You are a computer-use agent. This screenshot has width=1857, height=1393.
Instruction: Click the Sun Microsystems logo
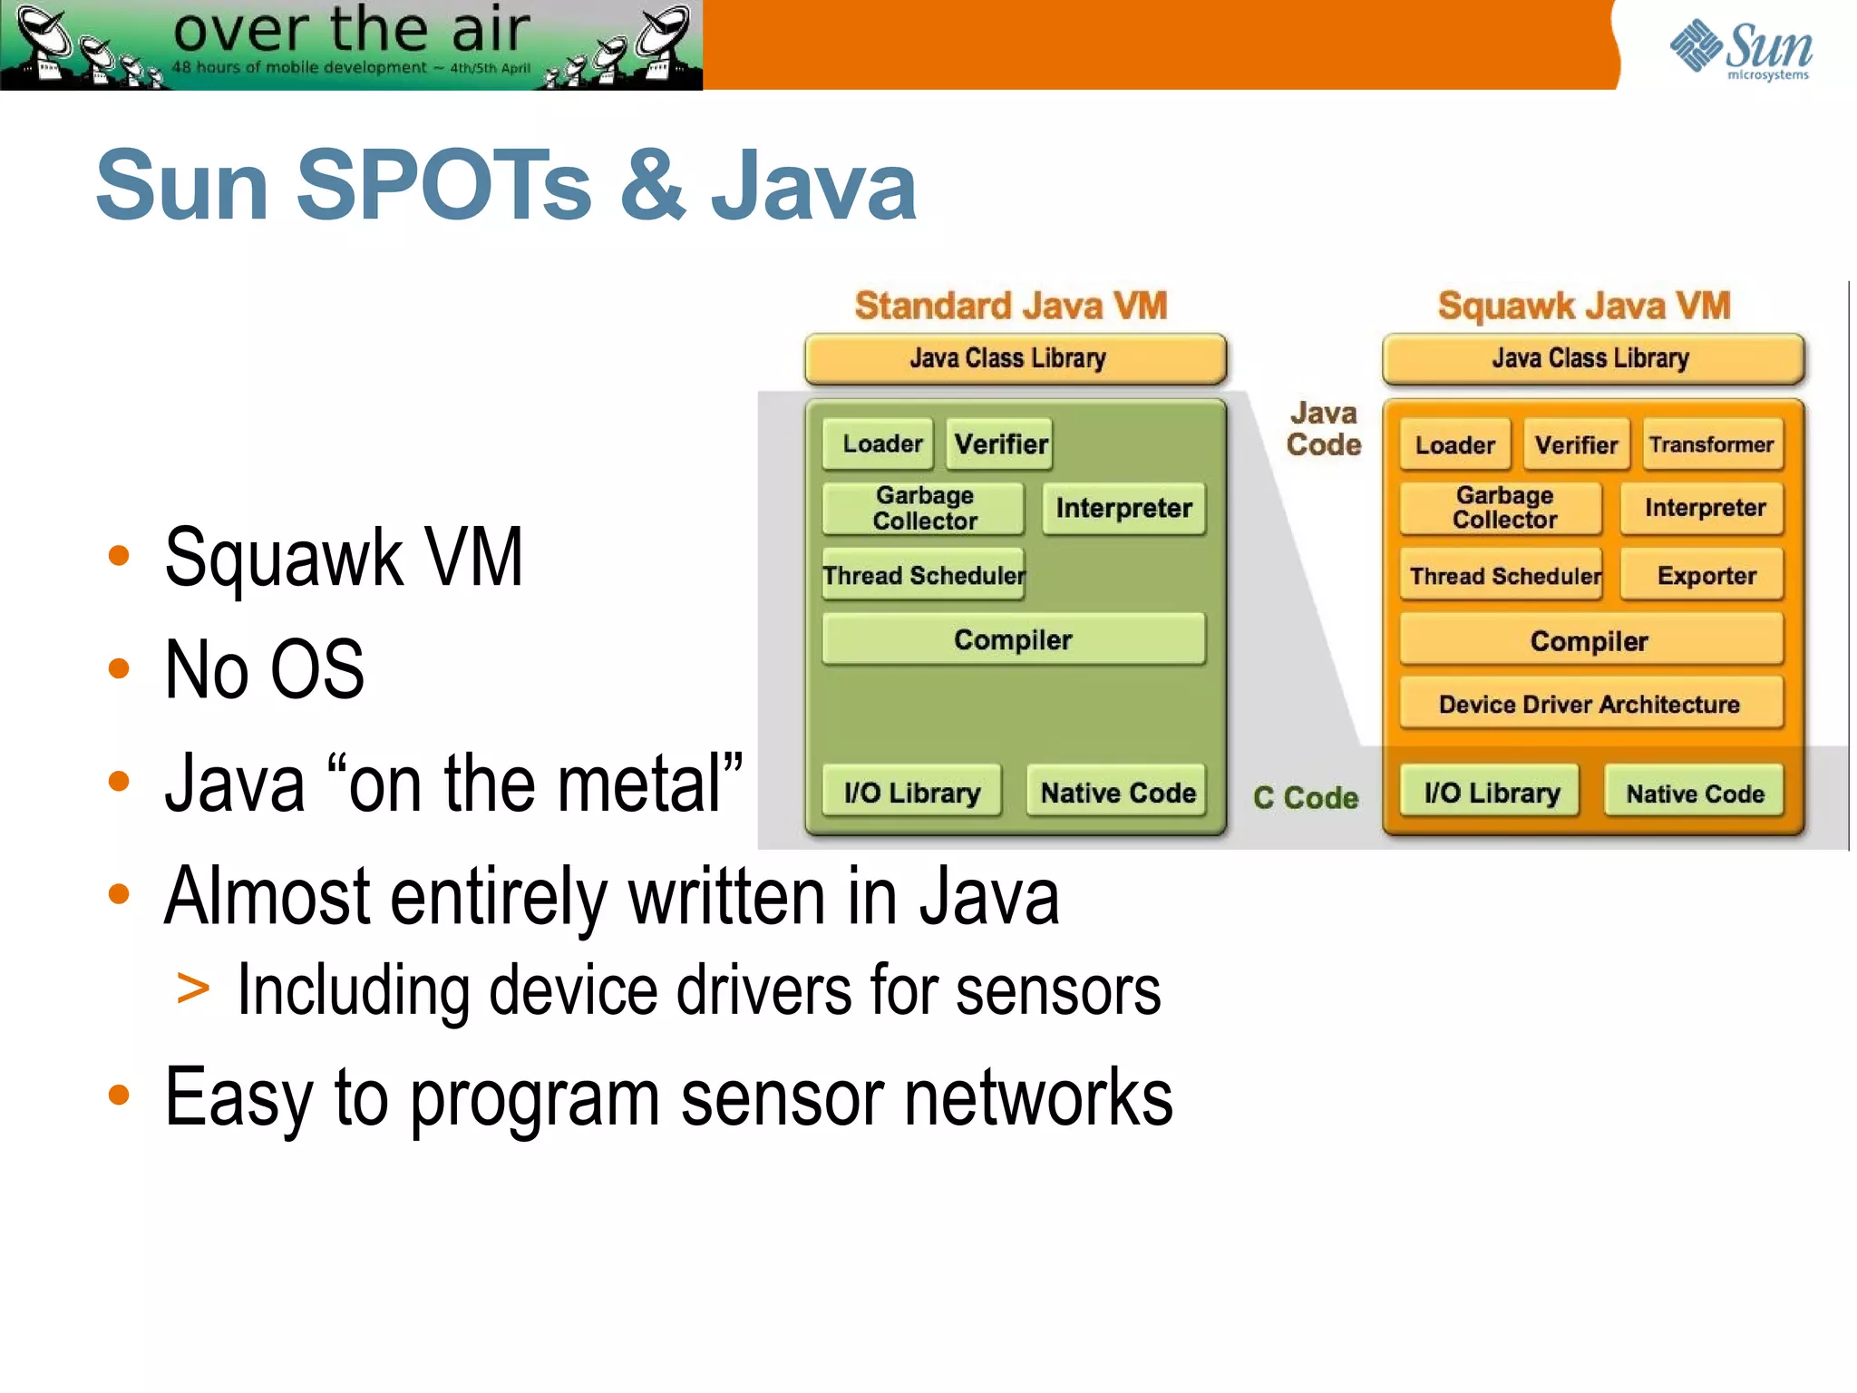pos(1741,49)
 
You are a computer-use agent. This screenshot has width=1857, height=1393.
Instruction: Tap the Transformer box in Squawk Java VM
pos(1711,444)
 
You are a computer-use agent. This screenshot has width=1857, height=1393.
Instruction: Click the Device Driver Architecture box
pos(1590,704)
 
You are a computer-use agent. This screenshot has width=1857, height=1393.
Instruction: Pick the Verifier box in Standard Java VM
pos(999,444)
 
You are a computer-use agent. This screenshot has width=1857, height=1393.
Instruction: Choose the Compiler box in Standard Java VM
pos(1013,639)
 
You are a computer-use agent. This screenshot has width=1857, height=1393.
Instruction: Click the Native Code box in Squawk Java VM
pos(1694,793)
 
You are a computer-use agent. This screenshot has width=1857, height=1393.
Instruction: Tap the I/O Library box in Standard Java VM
pos(911,793)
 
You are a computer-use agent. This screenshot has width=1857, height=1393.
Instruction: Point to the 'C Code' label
pos(1305,797)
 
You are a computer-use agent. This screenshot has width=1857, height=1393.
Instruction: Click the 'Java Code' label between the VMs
pos(1323,429)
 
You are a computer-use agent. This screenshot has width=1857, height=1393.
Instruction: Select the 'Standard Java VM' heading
pos(1010,306)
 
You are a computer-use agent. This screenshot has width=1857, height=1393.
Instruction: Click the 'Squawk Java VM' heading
pos(1583,306)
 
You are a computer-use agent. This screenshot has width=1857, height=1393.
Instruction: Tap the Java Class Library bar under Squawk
pos(1591,358)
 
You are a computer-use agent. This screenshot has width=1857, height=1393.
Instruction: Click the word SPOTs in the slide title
pos(443,186)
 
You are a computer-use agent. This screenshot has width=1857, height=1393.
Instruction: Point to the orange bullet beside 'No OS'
pos(119,668)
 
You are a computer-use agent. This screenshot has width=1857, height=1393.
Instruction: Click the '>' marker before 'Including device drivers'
pos(192,989)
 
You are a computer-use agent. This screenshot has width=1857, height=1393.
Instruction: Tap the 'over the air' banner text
pos(351,29)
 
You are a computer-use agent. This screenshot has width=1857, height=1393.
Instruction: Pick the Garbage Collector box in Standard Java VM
pos(923,508)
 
